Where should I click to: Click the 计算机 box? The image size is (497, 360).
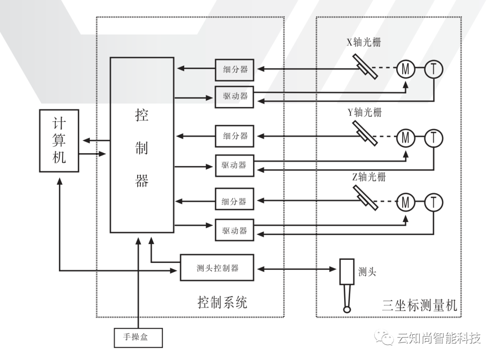59,141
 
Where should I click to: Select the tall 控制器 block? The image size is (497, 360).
142,145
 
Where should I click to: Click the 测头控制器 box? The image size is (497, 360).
217,268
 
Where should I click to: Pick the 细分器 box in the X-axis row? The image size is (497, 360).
235,69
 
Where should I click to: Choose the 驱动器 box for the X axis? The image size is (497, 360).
235,97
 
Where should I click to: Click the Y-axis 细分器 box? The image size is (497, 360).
235,136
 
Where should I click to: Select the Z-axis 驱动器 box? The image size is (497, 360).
235,230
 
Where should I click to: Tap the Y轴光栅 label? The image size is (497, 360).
364,112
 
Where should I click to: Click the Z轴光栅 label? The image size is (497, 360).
369,177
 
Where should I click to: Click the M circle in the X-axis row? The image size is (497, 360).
405,69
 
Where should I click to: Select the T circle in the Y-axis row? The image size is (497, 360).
433,137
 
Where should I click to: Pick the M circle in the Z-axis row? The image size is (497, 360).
405,201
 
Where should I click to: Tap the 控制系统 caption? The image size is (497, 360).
222,302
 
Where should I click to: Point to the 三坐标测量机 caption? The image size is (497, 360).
420,305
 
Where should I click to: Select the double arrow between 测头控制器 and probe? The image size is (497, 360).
297,268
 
